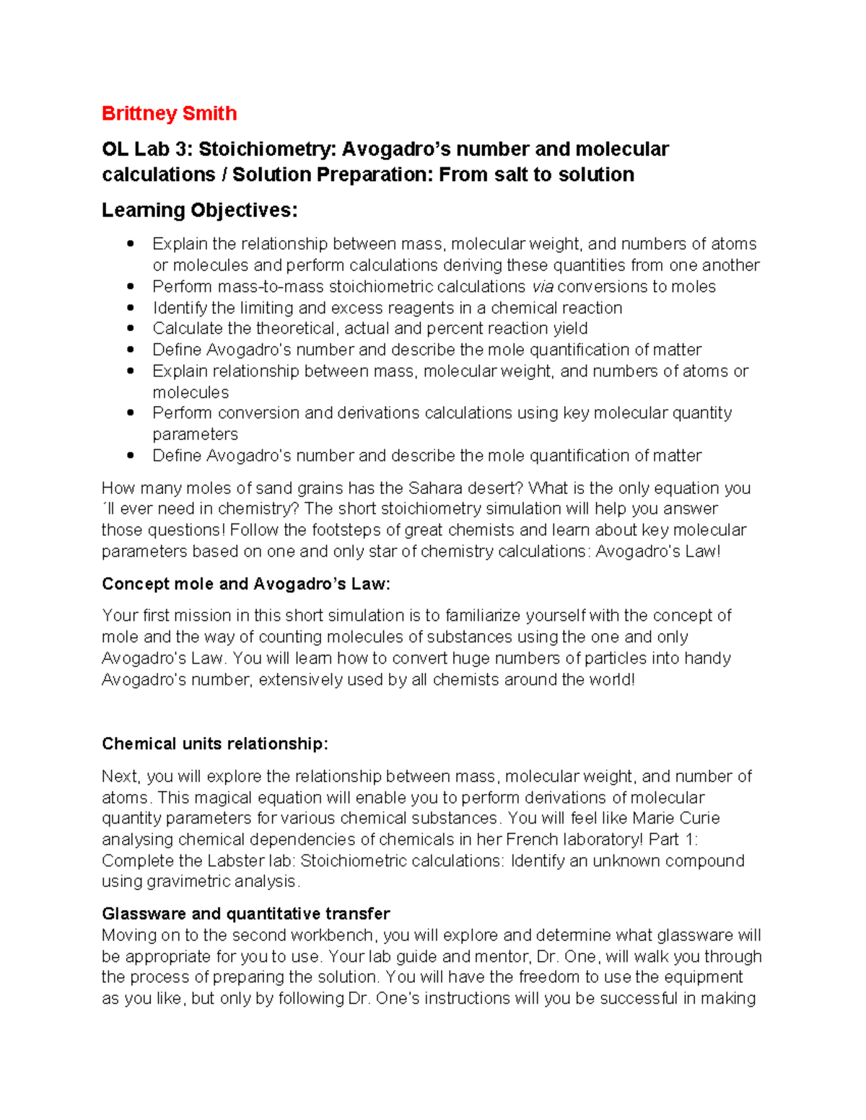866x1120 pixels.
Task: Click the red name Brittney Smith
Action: [169, 113]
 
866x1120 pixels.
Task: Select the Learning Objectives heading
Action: [199, 210]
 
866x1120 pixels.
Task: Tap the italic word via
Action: [542, 286]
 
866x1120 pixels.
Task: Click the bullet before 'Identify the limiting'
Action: [131, 307]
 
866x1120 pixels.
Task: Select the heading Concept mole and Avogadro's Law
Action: [245, 583]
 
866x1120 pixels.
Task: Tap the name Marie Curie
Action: [675, 818]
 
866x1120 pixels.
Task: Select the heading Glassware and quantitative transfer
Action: [245, 914]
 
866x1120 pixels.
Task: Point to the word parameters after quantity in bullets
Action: [195, 434]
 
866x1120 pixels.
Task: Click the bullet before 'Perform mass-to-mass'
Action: [131, 286]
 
